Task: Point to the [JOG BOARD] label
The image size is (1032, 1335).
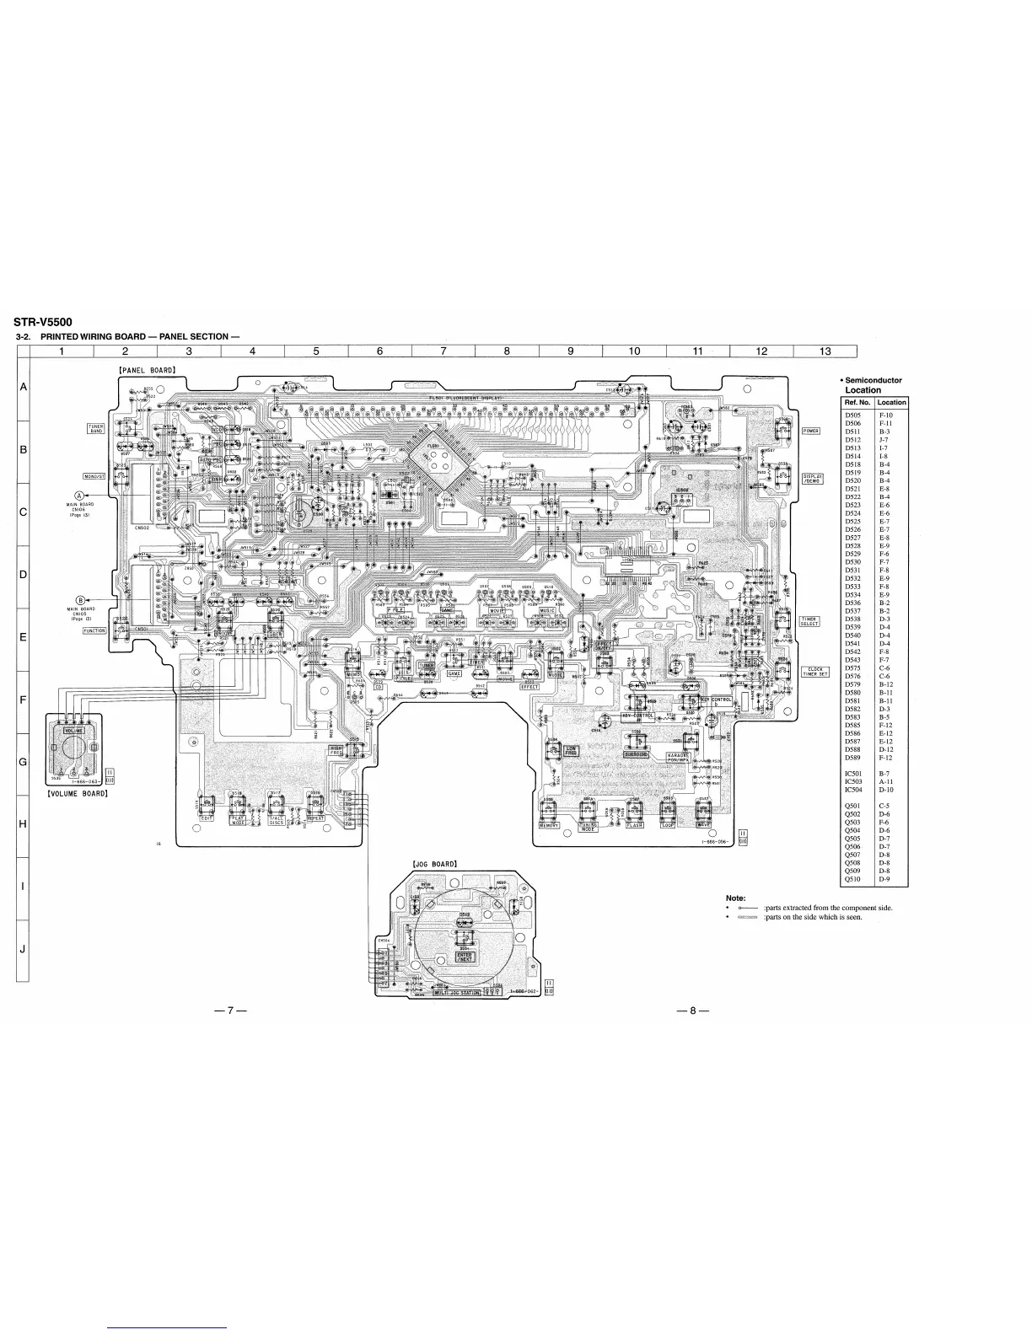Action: pos(434,864)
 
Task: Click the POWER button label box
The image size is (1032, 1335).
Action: pos(810,431)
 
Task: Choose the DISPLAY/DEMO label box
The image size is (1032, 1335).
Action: pos(813,478)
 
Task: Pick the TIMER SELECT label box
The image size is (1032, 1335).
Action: pos(809,621)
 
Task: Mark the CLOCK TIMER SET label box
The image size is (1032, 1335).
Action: pos(814,672)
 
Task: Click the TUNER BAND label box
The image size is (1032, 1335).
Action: pos(96,429)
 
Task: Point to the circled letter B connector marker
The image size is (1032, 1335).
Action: pos(80,599)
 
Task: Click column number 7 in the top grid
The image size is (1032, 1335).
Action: pos(443,351)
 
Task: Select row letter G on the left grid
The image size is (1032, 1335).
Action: pos(23,762)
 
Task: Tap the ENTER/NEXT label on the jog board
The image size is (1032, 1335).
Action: pos(465,957)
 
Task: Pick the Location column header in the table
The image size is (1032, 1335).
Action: pos(891,402)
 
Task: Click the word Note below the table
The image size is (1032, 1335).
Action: pos(735,898)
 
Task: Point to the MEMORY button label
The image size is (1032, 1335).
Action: pos(550,825)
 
